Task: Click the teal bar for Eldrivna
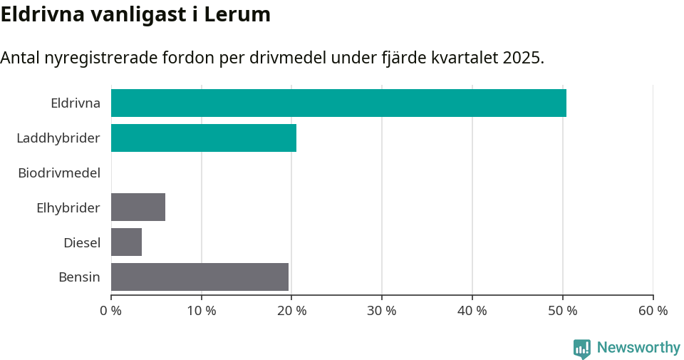[x=338, y=103]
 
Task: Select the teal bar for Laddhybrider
[x=204, y=138]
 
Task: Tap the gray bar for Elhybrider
[x=138, y=207]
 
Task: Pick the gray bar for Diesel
[x=127, y=242]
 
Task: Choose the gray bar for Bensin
[x=199, y=277]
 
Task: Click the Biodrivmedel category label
[x=59, y=173]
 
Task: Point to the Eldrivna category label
[x=76, y=103]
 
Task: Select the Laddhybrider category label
[x=58, y=138]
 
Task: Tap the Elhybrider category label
[x=68, y=207]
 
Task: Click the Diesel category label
[x=82, y=242]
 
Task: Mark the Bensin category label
[x=79, y=277]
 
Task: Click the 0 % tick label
[x=111, y=311]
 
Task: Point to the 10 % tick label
[x=202, y=311]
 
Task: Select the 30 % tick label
[x=382, y=311]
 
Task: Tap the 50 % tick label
[x=563, y=311]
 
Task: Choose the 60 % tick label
[x=653, y=311]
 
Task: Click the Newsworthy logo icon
[x=582, y=348]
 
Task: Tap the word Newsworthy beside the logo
[x=638, y=348]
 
